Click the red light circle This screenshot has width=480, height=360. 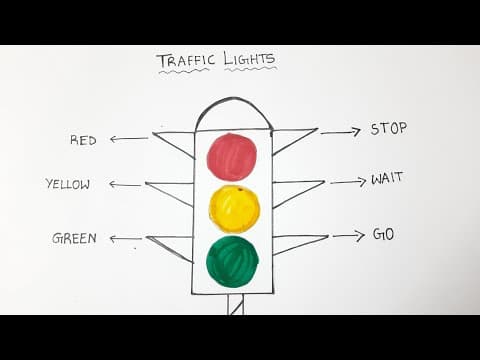pyautogui.click(x=231, y=157)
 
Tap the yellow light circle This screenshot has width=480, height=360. pyautogui.click(x=234, y=208)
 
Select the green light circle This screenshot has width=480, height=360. pyautogui.click(x=232, y=261)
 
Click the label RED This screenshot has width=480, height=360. pyautogui.click(x=83, y=140)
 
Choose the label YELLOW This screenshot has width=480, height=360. pyautogui.click(x=68, y=184)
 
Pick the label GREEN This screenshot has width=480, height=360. pyautogui.click(x=75, y=238)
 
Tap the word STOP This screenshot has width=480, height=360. pyautogui.click(x=389, y=129)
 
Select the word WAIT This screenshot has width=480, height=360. pyautogui.click(x=387, y=180)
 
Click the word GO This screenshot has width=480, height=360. pyautogui.click(x=383, y=234)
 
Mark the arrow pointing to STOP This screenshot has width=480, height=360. pyautogui.click(x=340, y=131)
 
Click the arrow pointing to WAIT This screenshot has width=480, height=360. pyautogui.click(x=348, y=182)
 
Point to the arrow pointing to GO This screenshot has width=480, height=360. pyautogui.click(x=348, y=236)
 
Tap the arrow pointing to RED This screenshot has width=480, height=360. pyautogui.click(x=129, y=139)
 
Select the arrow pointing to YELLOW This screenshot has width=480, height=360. pyautogui.click(x=125, y=184)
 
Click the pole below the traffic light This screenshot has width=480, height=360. pyautogui.click(x=236, y=304)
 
